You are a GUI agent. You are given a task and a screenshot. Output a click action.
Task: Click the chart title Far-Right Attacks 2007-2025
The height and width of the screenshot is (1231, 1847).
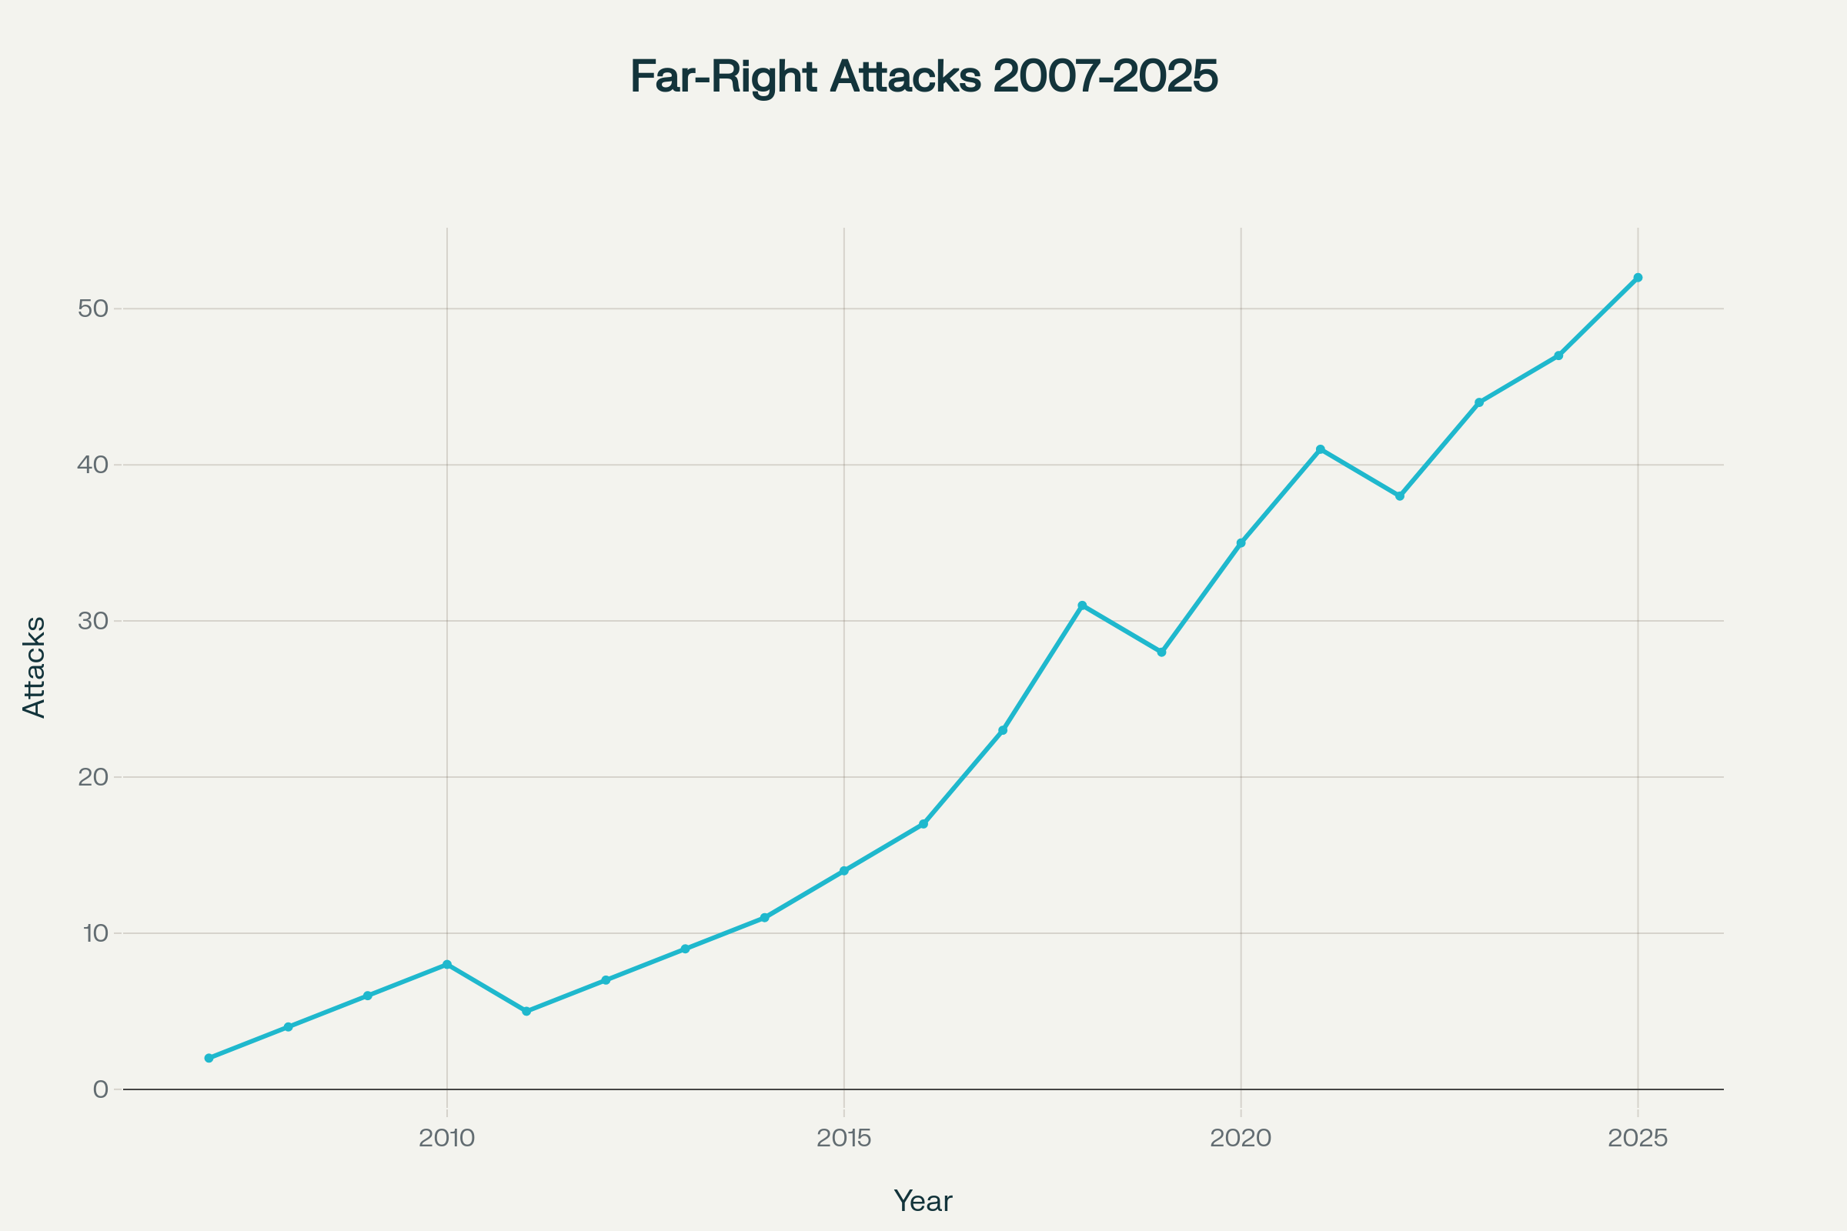click(923, 77)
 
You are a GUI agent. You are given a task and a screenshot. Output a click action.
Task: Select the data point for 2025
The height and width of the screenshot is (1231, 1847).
click(1638, 278)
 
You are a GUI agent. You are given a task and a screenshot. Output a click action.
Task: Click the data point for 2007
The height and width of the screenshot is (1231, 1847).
click(209, 1059)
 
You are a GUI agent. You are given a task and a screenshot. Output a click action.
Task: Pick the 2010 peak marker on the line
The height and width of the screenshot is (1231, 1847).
click(447, 965)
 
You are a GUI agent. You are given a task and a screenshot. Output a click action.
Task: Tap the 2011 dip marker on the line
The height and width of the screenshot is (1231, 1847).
click(526, 1011)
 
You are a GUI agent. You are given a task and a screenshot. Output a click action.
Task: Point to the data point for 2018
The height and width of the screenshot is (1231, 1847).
click(1082, 605)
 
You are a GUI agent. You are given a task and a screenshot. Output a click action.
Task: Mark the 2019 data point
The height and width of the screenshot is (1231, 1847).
click(1161, 652)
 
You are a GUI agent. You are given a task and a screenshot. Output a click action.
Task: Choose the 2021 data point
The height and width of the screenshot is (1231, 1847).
click(1320, 449)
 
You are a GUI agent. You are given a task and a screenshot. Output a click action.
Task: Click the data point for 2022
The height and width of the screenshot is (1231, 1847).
click(1399, 496)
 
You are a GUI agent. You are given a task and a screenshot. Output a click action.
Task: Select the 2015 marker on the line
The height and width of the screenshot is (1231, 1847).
click(844, 871)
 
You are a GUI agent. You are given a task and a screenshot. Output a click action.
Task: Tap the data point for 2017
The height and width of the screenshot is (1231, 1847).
click(1003, 730)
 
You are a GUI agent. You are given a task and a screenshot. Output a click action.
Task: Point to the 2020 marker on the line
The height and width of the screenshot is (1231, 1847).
click(1241, 543)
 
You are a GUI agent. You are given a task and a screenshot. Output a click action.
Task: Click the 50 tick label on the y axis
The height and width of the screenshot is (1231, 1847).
click(92, 309)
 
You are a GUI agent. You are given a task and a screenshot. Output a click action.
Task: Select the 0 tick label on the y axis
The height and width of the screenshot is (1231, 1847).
click(101, 1089)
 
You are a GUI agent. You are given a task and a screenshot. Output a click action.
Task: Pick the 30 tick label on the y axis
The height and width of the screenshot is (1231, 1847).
click(92, 621)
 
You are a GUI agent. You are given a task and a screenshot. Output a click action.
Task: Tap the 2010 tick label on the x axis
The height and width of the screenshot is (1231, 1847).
click(447, 1139)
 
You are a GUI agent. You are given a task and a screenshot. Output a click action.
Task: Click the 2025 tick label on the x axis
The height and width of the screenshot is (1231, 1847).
click(1638, 1139)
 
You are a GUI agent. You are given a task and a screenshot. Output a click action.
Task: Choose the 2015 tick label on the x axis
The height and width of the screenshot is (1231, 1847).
click(844, 1139)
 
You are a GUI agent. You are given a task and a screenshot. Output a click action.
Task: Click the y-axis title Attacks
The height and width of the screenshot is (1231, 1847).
click(35, 667)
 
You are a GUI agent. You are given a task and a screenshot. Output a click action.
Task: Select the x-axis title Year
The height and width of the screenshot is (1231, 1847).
click(923, 1201)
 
